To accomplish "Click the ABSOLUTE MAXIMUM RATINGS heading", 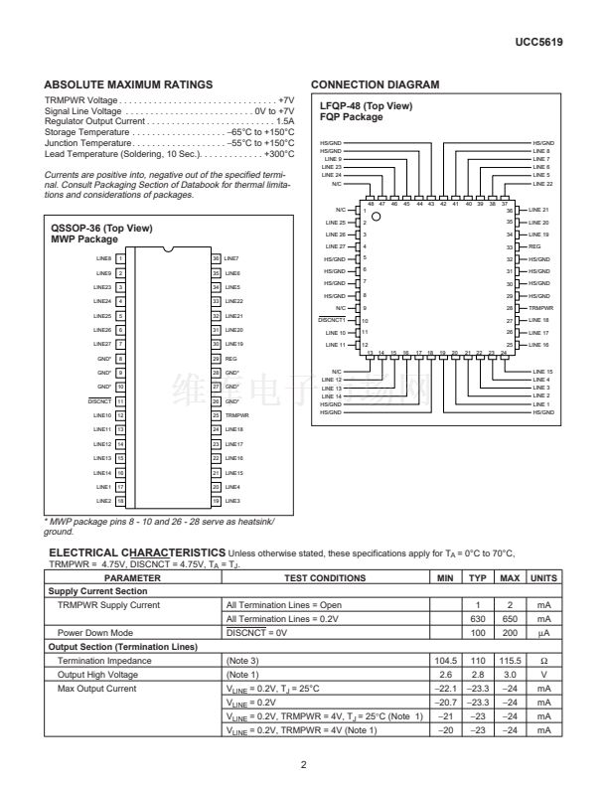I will pos(129,85).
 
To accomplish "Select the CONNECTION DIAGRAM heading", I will pos(376,85).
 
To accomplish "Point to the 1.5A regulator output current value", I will pos(284,120).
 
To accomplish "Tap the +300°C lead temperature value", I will pos(279,154).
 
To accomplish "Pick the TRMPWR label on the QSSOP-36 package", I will pos(235,414).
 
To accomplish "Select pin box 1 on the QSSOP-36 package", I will pos(119,257).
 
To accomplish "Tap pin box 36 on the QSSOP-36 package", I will pos(216,257).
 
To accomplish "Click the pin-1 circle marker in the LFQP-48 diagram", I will pos(376,216).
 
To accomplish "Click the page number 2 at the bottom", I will pos(304,764).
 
